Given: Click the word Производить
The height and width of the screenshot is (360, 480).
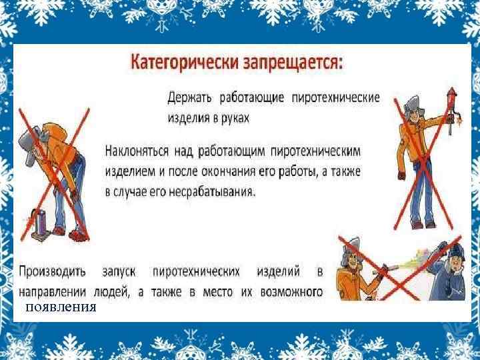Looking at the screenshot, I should click(51, 272).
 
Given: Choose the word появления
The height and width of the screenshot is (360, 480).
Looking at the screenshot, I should click(61, 307).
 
